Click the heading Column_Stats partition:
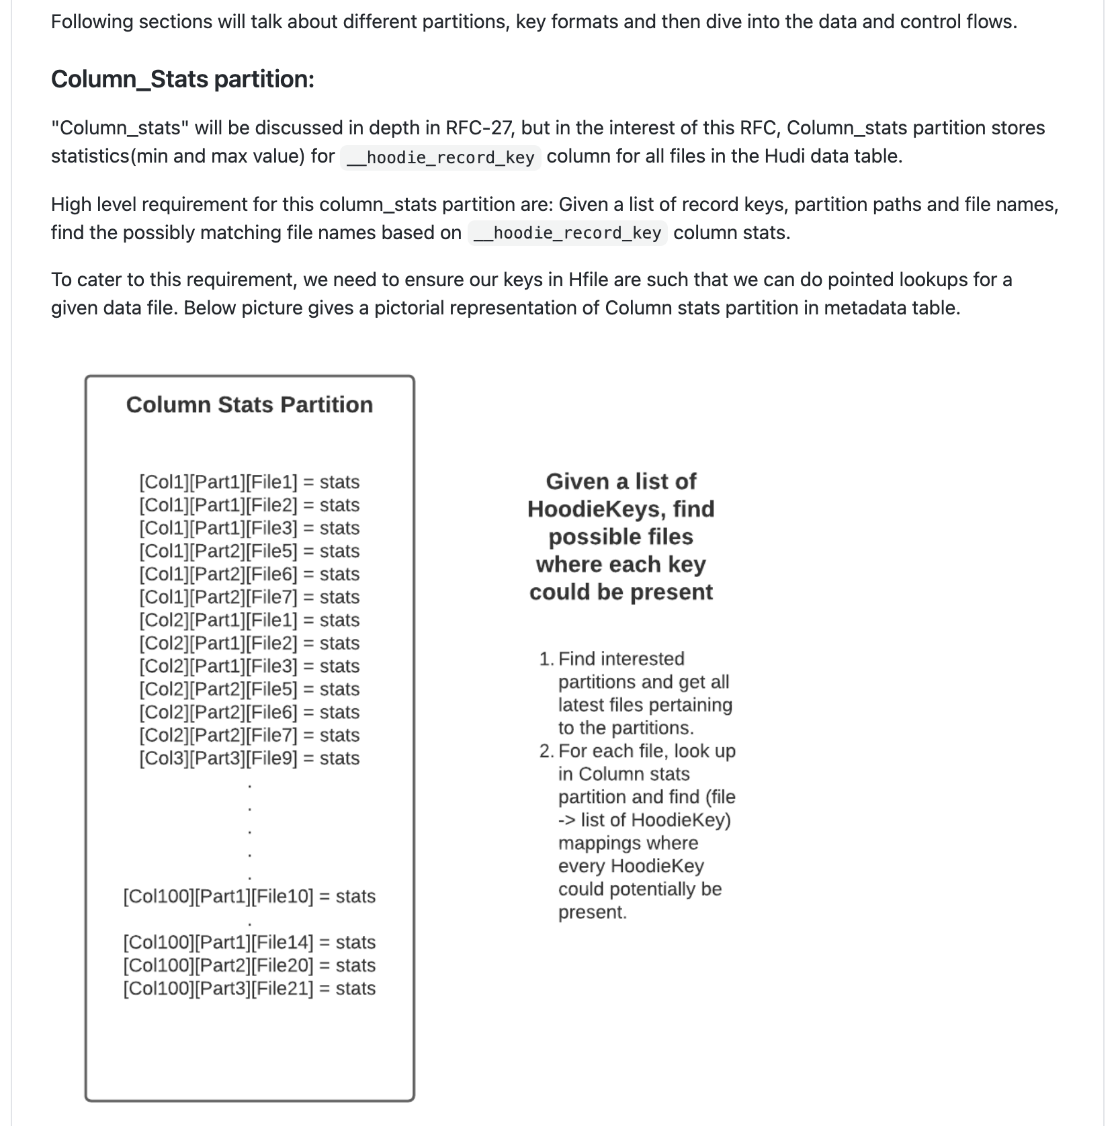click(x=182, y=79)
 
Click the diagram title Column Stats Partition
click(x=249, y=404)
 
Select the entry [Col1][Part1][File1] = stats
click(x=249, y=482)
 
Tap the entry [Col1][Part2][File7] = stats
click(x=249, y=597)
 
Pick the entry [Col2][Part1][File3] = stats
click(x=249, y=666)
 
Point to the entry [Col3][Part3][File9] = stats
click(x=249, y=758)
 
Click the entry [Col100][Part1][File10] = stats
click(x=249, y=896)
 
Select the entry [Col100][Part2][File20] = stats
click(x=249, y=965)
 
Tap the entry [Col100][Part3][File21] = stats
click(x=249, y=988)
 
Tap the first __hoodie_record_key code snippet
click(x=441, y=157)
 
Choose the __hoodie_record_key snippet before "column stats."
click(x=568, y=233)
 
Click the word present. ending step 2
click(x=592, y=912)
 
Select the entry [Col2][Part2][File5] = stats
click(x=249, y=689)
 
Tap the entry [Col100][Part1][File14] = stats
click(x=249, y=942)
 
